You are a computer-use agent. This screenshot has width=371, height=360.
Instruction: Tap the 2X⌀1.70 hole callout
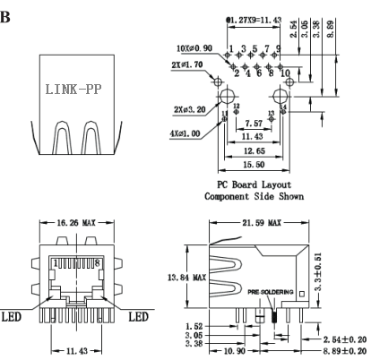pos(193,65)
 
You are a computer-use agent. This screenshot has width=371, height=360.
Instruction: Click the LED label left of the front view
pos(14,318)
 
